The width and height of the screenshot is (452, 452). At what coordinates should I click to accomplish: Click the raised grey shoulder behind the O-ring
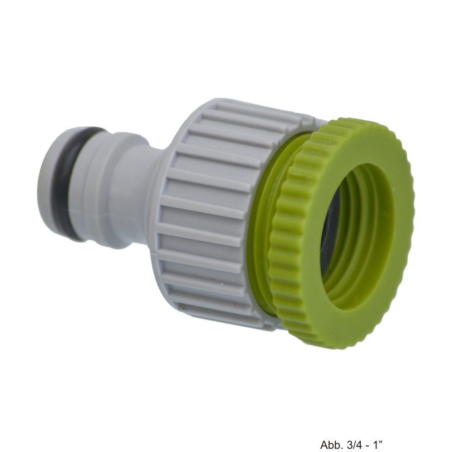(97, 185)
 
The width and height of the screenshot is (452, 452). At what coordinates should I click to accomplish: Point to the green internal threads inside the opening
(362, 253)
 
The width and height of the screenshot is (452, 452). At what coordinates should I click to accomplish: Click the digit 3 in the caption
(348, 433)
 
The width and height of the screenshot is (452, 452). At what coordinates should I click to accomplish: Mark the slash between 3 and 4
(354, 433)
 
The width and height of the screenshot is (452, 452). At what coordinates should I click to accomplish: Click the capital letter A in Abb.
(324, 433)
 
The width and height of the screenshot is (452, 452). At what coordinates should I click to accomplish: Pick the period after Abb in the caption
(339, 436)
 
